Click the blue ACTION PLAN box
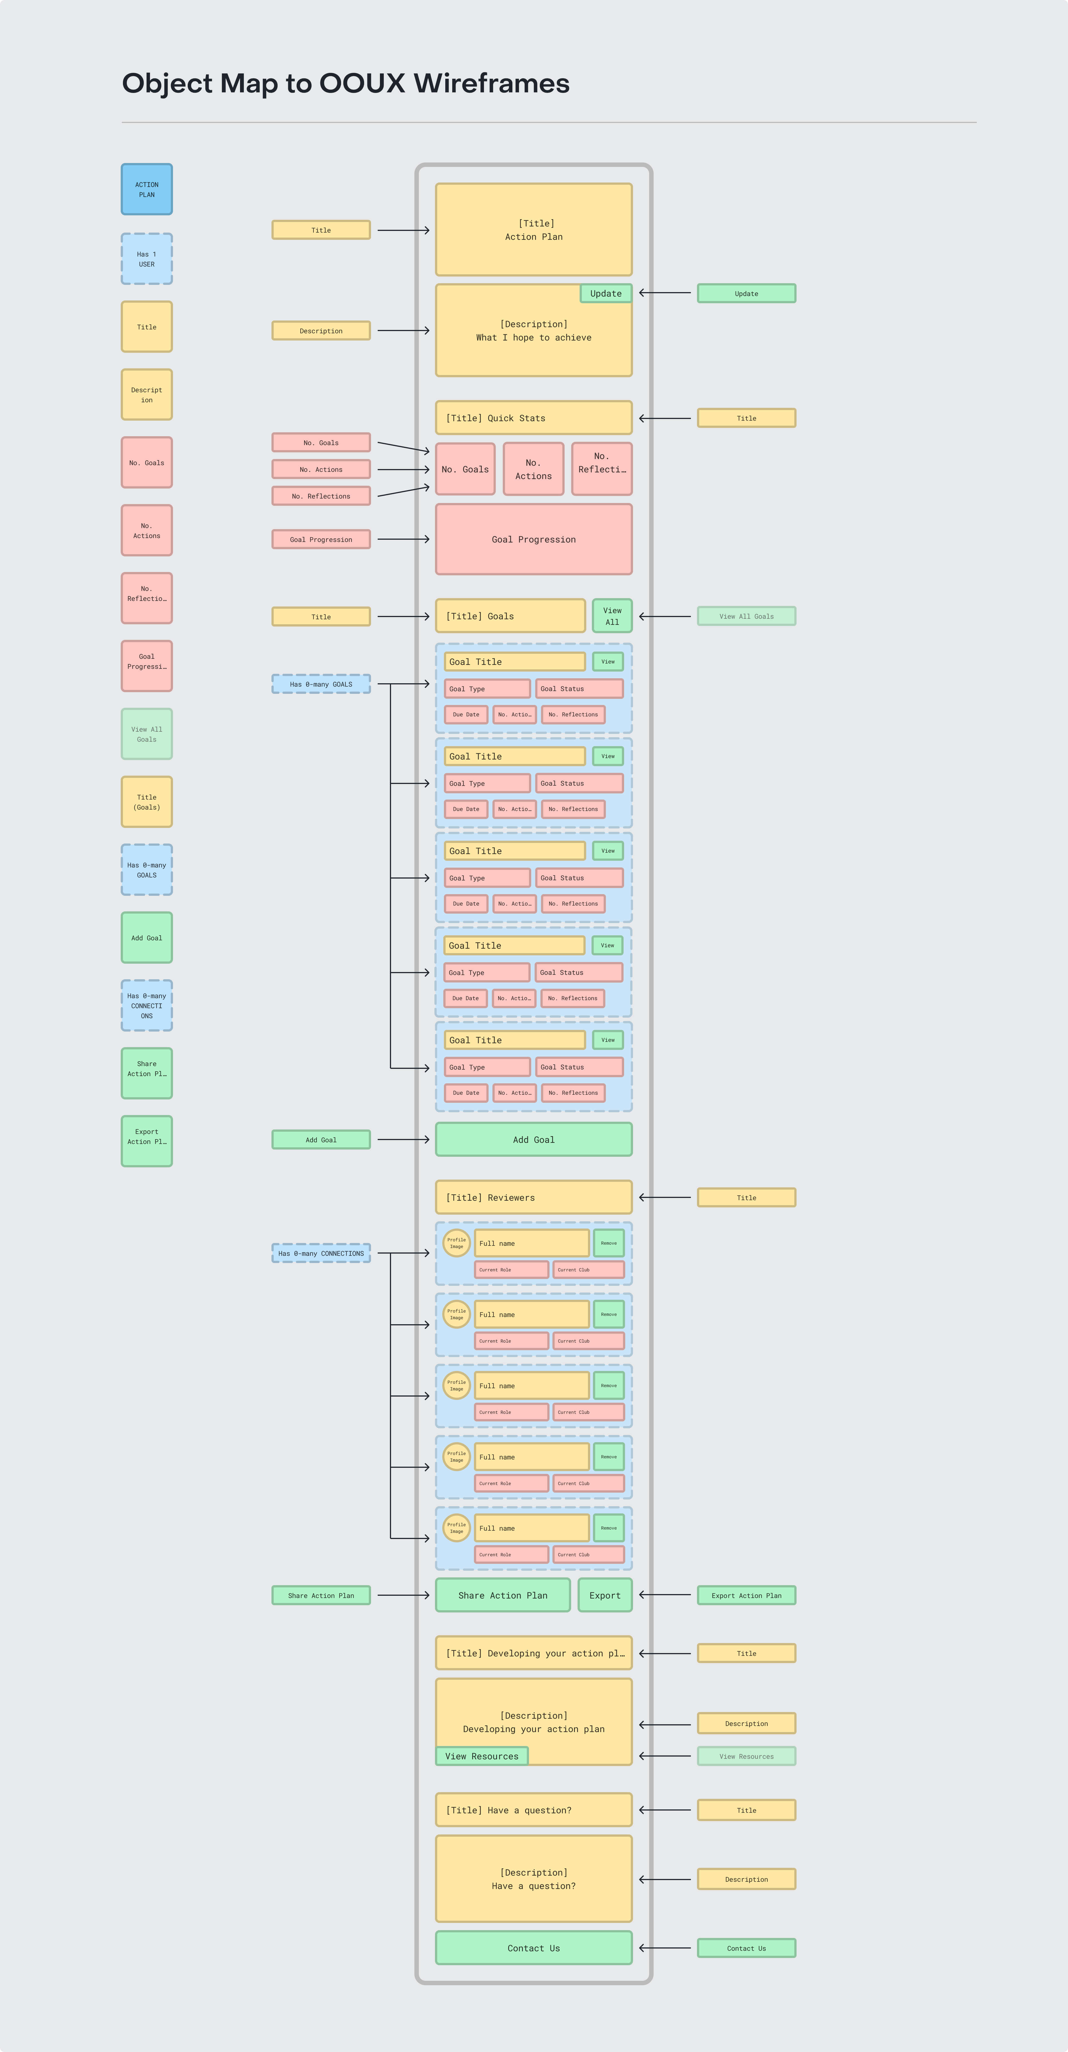(147, 189)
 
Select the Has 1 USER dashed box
(147, 259)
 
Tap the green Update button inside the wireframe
(605, 293)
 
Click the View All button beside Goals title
(612, 616)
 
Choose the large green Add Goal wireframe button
(534, 1139)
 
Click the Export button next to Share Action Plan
(604, 1595)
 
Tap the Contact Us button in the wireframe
(534, 1948)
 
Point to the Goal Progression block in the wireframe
(534, 539)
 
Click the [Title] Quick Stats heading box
(534, 417)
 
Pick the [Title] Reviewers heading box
(534, 1197)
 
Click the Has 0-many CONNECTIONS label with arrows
(321, 1253)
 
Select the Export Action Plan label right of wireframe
(746, 1595)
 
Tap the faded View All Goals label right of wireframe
(746, 616)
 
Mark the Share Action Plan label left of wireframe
(321, 1595)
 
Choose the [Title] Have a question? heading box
(534, 1810)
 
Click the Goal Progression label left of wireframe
(321, 539)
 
